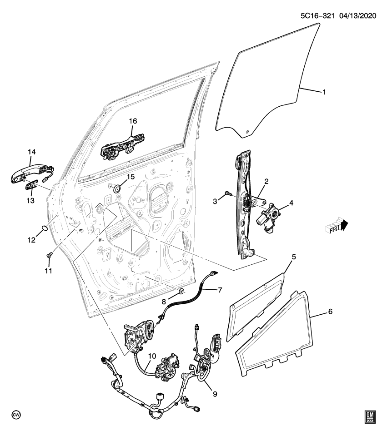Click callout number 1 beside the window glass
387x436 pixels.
[324, 92]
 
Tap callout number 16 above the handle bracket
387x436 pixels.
[132, 121]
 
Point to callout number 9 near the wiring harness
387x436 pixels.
[215, 393]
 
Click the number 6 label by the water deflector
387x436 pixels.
[330, 312]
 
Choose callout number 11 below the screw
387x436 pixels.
[48, 271]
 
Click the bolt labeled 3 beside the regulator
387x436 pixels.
[227, 194]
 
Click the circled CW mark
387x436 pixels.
[16, 416]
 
